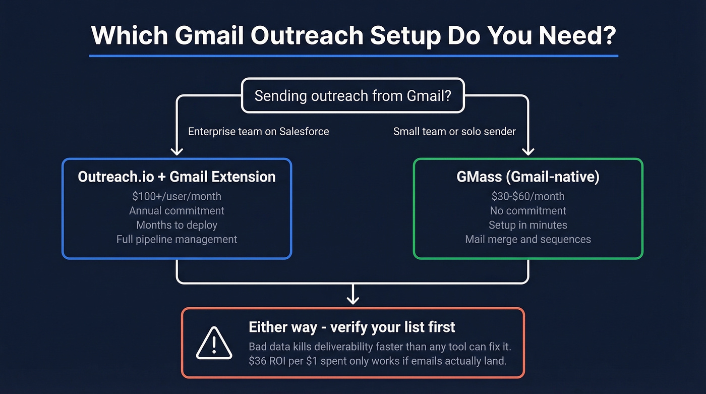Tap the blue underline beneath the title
[353, 56]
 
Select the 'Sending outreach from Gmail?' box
[353, 95]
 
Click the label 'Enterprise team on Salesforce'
[258, 132]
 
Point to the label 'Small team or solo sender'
[454, 132]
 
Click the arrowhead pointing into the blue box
[177, 151]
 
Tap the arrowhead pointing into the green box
[528, 151]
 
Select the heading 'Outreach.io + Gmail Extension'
[177, 177]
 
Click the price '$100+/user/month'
[177, 196]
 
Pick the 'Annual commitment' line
[177, 210]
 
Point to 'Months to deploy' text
[177, 225]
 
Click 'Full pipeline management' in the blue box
[177, 239]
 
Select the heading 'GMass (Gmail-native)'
[528, 177]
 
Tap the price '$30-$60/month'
[528, 196]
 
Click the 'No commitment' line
[528, 210]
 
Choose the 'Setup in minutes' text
[528, 225]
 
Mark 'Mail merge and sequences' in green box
[528, 239]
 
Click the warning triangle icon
[214, 344]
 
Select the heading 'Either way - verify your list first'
[351, 327]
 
